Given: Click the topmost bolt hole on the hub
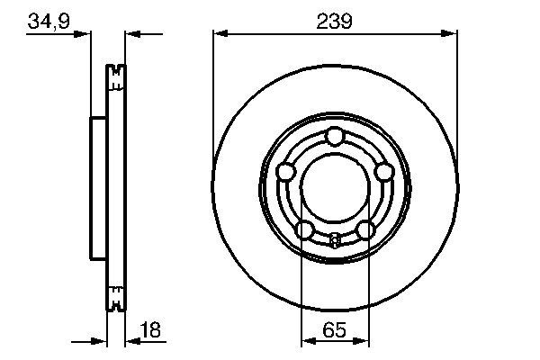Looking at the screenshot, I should pyautogui.click(x=335, y=136).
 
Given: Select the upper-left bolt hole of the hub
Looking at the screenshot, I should pyautogui.click(x=285, y=171).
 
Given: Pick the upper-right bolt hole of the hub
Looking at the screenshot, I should pyautogui.click(x=383, y=171).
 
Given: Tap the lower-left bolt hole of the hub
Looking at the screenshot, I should pyautogui.click(x=304, y=229).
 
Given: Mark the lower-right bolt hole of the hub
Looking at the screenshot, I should pyautogui.click(x=364, y=229).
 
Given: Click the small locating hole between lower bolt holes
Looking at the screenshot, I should pyautogui.click(x=335, y=239).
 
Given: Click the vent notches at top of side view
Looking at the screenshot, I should pyautogui.click(x=114, y=77).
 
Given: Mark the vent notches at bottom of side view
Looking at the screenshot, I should pyautogui.click(x=114, y=296).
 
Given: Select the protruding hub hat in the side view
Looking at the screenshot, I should pyautogui.click(x=98, y=186).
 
